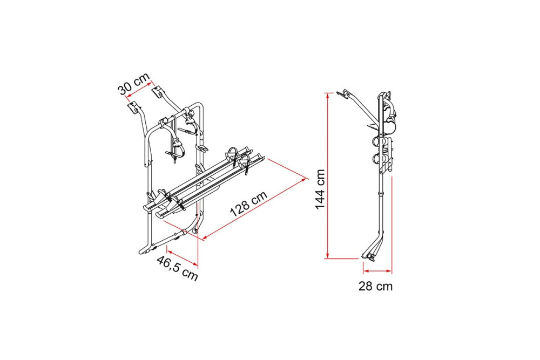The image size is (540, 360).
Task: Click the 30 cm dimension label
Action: [134, 84]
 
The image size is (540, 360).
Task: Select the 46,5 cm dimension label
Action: [177, 268]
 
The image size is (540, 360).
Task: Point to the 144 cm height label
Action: [320, 189]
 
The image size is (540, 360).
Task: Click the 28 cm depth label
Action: [375, 286]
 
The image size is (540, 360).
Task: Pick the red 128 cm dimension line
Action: [255, 208]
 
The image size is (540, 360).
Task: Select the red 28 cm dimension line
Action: [377, 271]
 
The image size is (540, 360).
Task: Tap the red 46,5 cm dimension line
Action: [182, 256]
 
